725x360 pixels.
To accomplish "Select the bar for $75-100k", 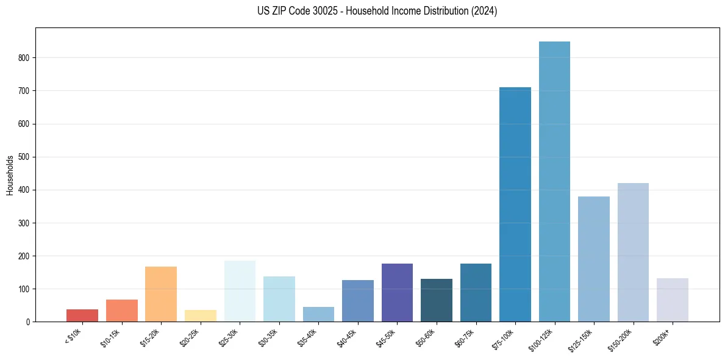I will [515, 204].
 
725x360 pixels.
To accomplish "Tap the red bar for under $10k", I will [82, 315].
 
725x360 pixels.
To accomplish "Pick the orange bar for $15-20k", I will [161, 294].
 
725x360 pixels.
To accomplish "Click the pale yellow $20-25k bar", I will [201, 316].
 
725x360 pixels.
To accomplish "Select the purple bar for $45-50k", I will [397, 292].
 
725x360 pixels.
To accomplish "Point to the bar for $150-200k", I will [633, 252].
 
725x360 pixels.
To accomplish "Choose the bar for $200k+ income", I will [673, 300].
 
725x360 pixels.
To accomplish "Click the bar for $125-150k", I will [594, 259].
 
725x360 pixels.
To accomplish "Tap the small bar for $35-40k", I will [318, 314].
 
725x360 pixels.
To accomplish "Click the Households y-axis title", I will [10, 175].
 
